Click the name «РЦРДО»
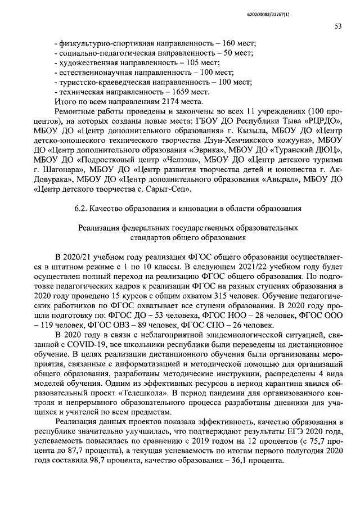click(325, 120)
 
